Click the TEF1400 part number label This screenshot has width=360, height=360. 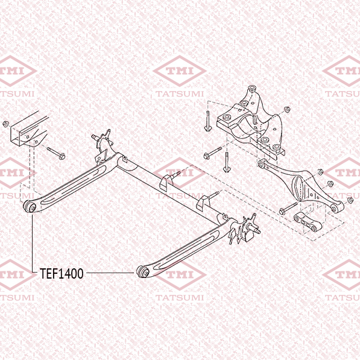62,273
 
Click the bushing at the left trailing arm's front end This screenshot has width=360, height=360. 30,206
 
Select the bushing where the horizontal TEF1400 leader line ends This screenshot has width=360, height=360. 142,271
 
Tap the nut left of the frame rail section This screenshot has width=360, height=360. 5,124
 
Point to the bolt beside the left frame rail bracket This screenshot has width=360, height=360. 56,153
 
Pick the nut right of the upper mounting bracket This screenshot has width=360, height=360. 287,110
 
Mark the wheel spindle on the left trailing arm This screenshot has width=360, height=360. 96,137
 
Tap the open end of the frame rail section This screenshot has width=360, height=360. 18,136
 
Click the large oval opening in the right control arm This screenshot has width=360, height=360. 298,188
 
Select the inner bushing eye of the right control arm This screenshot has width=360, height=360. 261,164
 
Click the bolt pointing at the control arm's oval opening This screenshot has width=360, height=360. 288,209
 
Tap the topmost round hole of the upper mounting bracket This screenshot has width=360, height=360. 252,88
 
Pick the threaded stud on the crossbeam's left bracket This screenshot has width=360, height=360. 175,175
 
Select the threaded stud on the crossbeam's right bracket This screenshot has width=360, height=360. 213,195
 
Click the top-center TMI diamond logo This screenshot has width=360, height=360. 180,71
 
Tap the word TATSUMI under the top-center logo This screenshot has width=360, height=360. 180,93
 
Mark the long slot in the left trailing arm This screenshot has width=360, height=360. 74,185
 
